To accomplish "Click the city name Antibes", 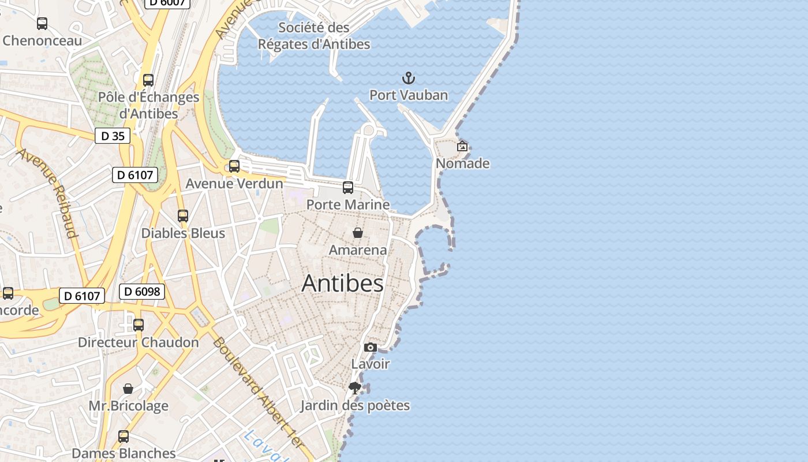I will click(342, 283).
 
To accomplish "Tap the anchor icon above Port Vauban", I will click(409, 78).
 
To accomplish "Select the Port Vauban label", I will click(409, 95).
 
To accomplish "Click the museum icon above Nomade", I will click(462, 146).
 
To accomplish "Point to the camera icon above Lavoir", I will click(371, 347).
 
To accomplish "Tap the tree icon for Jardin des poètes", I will click(355, 388).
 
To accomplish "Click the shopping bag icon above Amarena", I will click(358, 233).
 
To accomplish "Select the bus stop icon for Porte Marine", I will click(348, 188).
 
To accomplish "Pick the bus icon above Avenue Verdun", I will click(234, 166).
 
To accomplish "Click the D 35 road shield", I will click(113, 136).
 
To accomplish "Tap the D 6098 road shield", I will click(142, 292).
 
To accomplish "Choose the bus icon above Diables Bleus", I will click(183, 216).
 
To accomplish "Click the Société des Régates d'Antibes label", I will click(314, 36).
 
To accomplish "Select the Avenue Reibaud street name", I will click(47, 193).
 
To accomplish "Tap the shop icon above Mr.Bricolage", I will click(128, 389).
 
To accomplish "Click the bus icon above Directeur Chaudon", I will click(139, 325).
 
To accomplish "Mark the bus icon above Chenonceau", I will click(42, 24).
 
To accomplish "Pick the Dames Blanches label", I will click(124, 453).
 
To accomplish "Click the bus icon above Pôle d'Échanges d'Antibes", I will click(148, 80).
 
